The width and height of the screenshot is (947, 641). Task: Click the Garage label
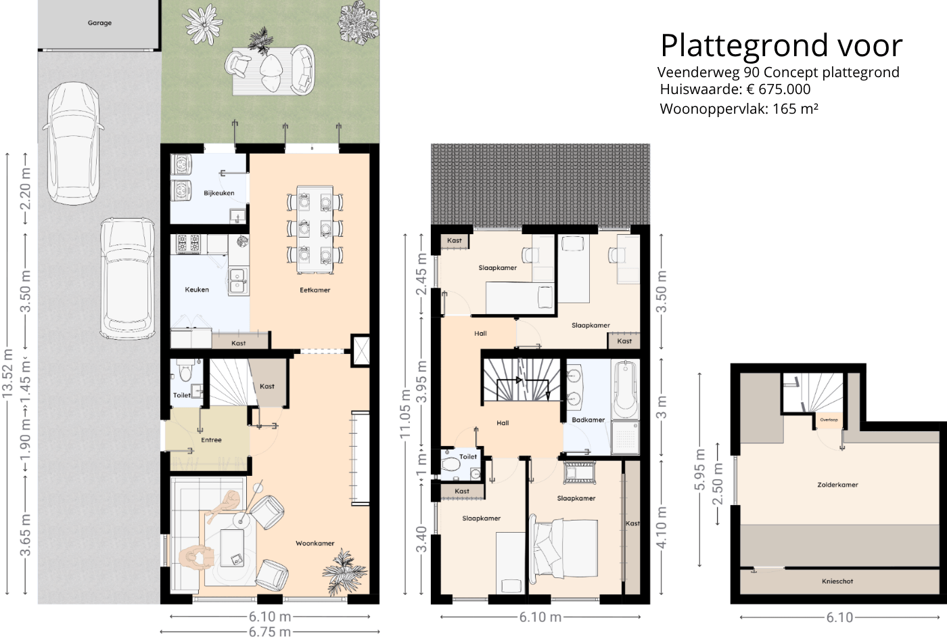99,23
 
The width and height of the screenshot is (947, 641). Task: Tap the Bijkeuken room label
219,193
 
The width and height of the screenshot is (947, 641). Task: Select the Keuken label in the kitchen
197,290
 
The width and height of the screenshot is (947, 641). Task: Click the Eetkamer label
315,290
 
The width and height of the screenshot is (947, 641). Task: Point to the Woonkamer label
315,544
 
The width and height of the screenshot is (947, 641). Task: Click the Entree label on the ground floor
211,440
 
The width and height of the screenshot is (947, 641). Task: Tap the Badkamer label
588,420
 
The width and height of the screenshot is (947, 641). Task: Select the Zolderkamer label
837,485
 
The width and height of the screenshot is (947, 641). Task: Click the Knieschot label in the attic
837,581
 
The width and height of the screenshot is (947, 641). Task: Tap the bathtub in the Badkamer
625,390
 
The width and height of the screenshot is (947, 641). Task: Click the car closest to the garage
73,143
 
